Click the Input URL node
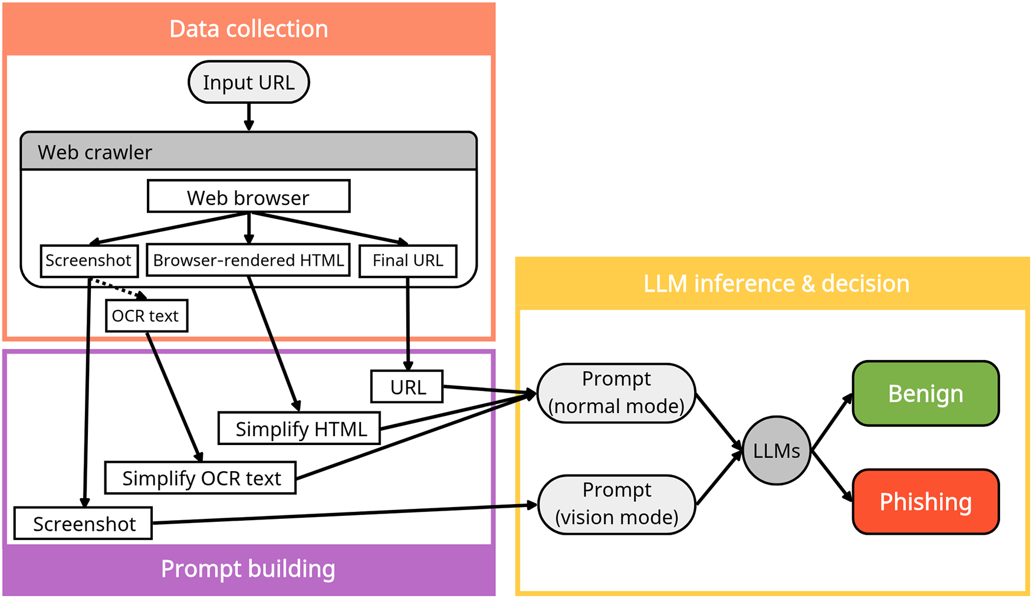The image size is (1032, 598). [x=248, y=82]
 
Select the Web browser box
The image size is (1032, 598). [x=248, y=197]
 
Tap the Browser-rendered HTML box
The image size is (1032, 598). [x=248, y=260]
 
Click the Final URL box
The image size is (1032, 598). [x=407, y=260]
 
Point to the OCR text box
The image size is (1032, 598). [x=146, y=316]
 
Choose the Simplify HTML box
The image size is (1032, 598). [x=299, y=429]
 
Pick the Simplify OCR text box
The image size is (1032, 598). [x=201, y=478]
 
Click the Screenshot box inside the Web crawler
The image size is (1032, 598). [x=89, y=260]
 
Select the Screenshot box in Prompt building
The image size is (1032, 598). [x=83, y=524]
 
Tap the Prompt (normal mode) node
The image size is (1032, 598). [x=616, y=393]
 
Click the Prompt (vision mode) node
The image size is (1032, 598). [x=616, y=504]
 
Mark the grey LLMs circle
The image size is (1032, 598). [x=776, y=450]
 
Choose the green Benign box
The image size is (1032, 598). [x=925, y=393]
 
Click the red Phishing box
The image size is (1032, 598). [x=925, y=502]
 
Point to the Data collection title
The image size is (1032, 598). [x=248, y=29]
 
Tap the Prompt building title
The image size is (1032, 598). [x=248, y=569]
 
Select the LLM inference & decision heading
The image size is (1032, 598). [x=776, y=284]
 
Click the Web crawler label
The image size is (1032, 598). [x=95, y=152]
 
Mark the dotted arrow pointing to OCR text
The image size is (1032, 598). [x=120, y=289]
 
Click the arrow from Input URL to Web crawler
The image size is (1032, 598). [x=249, y=116]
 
